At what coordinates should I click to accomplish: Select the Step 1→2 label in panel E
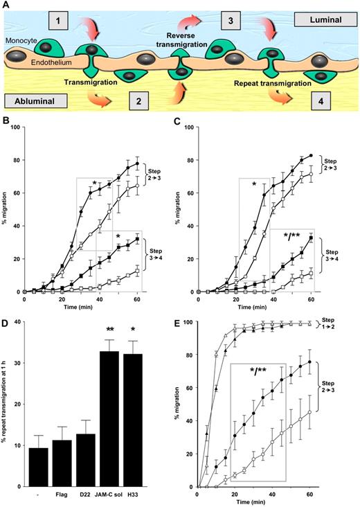[342, 342]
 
